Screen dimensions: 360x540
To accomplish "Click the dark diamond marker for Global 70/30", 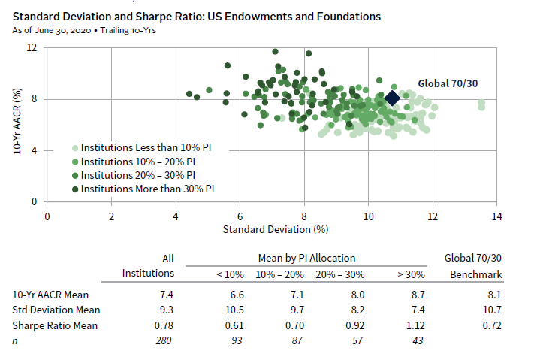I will [392, 99].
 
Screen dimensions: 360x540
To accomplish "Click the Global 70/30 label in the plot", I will [448, 83].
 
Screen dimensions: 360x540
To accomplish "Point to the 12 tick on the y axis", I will [32, 48].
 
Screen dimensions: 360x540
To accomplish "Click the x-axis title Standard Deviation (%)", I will [271, 228].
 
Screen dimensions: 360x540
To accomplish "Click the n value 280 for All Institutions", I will [164, 340].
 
